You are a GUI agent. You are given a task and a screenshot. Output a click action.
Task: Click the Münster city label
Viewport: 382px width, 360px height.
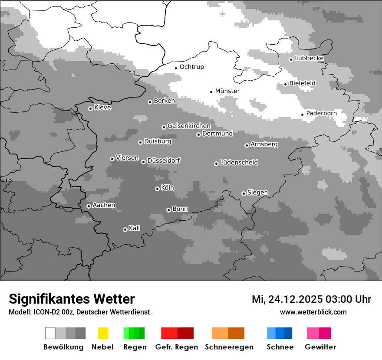click(x=227, y=91)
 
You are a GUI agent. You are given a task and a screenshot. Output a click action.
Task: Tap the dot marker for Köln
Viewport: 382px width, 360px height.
click(x=157, y=189)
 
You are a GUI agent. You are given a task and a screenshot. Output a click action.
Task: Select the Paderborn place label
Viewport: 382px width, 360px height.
click(x=321, y=114)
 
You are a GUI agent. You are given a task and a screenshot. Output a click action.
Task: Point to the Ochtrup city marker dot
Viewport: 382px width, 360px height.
click(x=176, y=68)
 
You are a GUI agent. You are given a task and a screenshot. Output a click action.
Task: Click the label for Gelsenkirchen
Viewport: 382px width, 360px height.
click(x=189, y=126)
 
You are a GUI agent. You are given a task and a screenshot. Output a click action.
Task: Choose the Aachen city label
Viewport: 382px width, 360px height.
click(x=104, y=205)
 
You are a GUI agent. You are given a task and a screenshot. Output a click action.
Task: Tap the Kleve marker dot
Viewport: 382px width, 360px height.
click(x=90, y=108)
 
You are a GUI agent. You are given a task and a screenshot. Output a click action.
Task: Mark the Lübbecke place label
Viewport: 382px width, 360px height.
click(x=309, y=59)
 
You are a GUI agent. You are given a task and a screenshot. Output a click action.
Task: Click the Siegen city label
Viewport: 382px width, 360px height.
click(x=257, y=193)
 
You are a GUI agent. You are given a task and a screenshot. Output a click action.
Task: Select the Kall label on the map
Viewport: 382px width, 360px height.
click(x=134, y=228)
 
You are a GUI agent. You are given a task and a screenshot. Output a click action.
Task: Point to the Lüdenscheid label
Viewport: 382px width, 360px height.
click(x=239, y=163)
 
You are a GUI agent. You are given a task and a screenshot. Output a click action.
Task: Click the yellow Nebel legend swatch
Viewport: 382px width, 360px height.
click(x=103, y=333)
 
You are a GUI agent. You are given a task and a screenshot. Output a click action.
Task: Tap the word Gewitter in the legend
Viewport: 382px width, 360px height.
click(x=320, y=347)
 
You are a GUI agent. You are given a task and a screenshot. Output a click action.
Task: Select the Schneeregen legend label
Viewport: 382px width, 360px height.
click(x=229, y=347)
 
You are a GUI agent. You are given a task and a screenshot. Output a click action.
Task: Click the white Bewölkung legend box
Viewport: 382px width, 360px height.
click(x=50, y=333)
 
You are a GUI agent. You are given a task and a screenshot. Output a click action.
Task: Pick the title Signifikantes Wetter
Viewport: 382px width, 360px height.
click(x=72, y=299)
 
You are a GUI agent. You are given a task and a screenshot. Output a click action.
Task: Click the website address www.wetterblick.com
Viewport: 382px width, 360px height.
click(x=313, y=312)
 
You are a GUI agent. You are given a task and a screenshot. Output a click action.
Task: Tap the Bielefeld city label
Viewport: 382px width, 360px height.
click(x=302, y=83)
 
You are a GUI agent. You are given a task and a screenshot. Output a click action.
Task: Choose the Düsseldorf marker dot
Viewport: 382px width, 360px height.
click(x=143, y=162)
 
